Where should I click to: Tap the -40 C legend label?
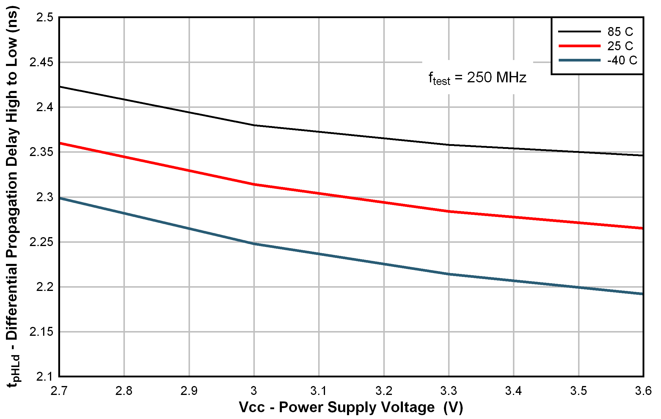pyautogui.click(x=622, y=60)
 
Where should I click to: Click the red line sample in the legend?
pyautogui.click(x=580, y=46)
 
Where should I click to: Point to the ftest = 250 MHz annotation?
pyautogui.click(x=477, y=78)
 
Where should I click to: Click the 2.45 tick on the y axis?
pyautogui.click(x=41, y=62)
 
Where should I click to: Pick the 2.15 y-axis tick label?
pyautogui.click(x=41, y=332)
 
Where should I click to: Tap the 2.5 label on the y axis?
pyautogui.click(x=45, y=18)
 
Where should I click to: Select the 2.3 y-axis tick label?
pyautogui.click(x=45, y=197)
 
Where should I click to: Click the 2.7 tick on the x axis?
pyautogui.click(x=59, y=391)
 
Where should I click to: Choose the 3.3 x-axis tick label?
pyautogui.click(x=449, y=391)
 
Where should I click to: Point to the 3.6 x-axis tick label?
pyautogui.click(x=643, y=391)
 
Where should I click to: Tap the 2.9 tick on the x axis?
pyautogui.click(x=189, y=391)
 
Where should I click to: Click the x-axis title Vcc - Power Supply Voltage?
pyautogui.click(x=351, y=407)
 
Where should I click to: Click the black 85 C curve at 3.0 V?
pyautogui.click(x=254, y=125)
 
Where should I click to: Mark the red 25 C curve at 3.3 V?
pyautogui.click(x=449, y=212)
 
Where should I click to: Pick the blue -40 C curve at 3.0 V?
pyautogui.click(x=254, y=244)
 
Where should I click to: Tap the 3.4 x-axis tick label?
pyautogui.click(x=514, y=391)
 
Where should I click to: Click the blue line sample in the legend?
pyautogui.click(x=580, y=60)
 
